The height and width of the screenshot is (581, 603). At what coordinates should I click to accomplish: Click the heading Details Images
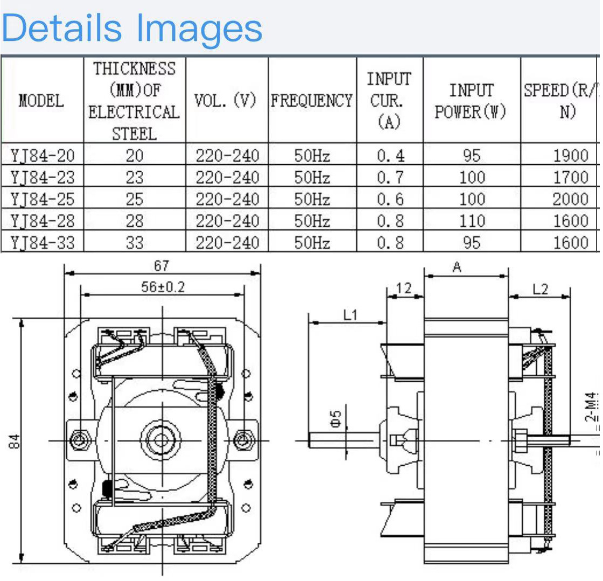pyautogui.click(x=132, y=27)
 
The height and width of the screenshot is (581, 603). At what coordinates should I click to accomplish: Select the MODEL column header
pyautogui.click(x=41, y=101)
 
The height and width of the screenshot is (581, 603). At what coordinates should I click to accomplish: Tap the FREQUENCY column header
pyautogui.click(x=311, y=101)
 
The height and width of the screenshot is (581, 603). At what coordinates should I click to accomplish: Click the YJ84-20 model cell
pyautogui.click(x=42, y=156)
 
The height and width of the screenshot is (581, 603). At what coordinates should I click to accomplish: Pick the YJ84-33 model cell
pyautogui.click(x=42, y=243)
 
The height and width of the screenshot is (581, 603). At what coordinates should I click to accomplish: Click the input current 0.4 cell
pyautogui.click(x=390, y=156)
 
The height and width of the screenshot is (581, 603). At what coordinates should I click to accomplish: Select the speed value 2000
pyautogui.click(x=570, y=199)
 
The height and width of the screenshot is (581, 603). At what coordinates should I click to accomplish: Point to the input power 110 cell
pyautogui.click(x=472, y=221)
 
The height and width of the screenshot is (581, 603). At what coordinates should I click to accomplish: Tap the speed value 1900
pyautogui.click(x=571, y=156)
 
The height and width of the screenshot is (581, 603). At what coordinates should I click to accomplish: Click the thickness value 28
pyautogui.click(x=135, y=221)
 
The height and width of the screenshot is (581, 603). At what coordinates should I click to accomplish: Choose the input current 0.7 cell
pyautogui.click(x=390, y=178)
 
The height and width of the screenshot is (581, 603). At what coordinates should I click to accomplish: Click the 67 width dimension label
pyautogui.click(x=162, y=266)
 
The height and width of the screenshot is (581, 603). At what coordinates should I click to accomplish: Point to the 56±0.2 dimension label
pyautogui.click(x=163, y=288)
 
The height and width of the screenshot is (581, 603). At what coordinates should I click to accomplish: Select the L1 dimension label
pyautogui.click(x=350, y=315)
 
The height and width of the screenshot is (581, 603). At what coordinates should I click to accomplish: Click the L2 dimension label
pyautogui.click(x=540, y=289)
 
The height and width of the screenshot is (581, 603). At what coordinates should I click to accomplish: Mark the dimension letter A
pyautogui.click(x=457, y=267)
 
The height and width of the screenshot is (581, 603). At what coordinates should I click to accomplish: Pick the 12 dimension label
pyautogui.click(x=403, y=289)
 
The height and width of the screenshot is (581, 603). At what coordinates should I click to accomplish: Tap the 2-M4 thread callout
pyautogui.click(x=592, y=408)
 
